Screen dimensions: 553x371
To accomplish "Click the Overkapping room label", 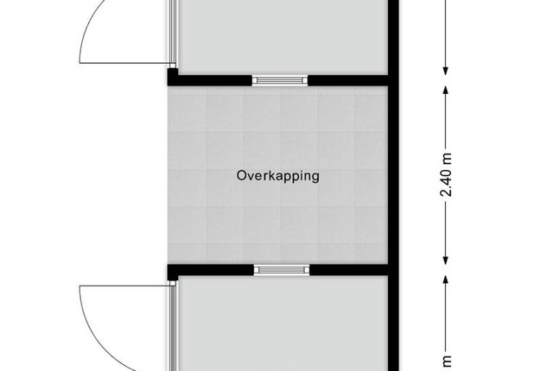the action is (x=278, y=176).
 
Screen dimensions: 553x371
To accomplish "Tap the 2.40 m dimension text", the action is (x=447, y=174).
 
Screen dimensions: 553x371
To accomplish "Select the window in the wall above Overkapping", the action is (x=280, y=80).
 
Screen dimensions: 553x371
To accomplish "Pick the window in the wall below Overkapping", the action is (x=282, y=270).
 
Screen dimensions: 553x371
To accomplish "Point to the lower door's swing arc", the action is (x=92, y=334).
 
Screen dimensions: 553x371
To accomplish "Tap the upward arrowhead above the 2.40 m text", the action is (x=446, y=91).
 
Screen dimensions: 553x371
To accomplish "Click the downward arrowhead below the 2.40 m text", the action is (x=446, y=260).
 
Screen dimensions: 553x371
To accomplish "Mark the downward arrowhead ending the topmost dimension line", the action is (x=446, y=70).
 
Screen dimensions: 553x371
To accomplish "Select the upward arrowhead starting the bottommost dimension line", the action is (x=446, y=280).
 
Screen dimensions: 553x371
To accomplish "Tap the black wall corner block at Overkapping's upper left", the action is (x=173, y=77).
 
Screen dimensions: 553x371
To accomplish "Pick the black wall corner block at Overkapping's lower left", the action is (x=173, y=273).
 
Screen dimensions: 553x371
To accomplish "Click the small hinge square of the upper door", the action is (x=173, y=66).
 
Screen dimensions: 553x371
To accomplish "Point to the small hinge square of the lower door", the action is (x=173, y=283).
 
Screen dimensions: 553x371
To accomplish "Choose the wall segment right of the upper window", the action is (x=347, y=80).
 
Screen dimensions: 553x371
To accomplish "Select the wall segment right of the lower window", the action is (x=349, y=270).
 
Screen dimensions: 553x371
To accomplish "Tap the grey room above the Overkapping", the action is (x=283, y=37).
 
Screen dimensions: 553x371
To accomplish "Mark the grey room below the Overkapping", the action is (x=283, y=324).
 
